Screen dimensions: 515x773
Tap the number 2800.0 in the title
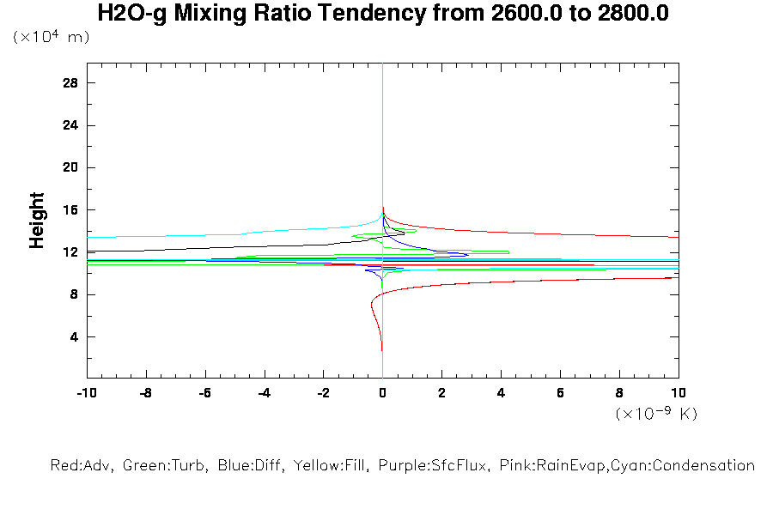[x=629, y=14]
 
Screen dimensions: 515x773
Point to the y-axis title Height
[x=37, y=221]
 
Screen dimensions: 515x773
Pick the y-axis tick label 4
[x=74, y=337]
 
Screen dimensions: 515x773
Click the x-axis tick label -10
[x=86, y=394]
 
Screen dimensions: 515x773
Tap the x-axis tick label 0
[x=382, y=394]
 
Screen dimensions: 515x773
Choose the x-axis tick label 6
[x=560, y=394]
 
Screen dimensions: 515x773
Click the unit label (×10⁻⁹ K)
[x=656, y=414]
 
